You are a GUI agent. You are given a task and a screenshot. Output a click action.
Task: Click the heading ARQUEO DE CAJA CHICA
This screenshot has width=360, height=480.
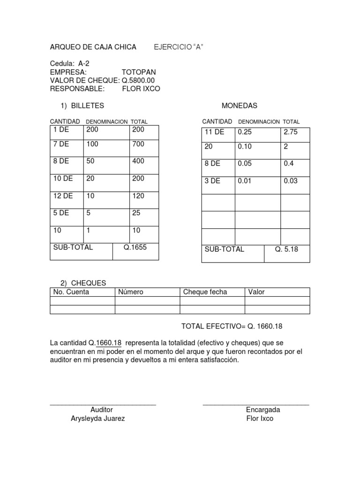93,47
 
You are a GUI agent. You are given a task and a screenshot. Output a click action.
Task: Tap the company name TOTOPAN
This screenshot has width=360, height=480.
139,72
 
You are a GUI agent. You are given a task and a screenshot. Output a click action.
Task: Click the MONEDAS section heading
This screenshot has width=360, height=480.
239,105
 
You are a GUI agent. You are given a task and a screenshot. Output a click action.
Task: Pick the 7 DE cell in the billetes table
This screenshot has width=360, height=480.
61,144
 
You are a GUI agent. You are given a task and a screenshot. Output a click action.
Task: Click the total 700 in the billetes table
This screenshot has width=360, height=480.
138,144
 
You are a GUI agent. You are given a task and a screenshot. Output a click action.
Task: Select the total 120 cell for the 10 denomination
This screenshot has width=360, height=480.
138,196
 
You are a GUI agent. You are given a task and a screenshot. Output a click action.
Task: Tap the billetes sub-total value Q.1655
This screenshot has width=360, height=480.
135,247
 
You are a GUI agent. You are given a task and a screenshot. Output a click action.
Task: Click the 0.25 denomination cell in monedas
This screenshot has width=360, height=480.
245,132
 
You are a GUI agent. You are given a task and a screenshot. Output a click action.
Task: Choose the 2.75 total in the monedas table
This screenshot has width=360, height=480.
291,132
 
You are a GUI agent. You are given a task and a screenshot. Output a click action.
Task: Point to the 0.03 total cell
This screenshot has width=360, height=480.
291,180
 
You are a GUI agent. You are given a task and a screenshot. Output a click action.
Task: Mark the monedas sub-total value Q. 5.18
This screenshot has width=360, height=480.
286,249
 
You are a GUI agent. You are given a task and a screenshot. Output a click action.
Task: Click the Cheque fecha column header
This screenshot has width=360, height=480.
205,292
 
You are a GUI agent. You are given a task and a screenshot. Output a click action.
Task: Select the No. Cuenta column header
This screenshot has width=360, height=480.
71,292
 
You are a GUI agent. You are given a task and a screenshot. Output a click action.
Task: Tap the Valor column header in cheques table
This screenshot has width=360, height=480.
256,292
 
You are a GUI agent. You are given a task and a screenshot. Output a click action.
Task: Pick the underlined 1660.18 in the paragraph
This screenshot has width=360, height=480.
108,343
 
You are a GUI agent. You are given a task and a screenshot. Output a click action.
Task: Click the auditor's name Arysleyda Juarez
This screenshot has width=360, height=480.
97,419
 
